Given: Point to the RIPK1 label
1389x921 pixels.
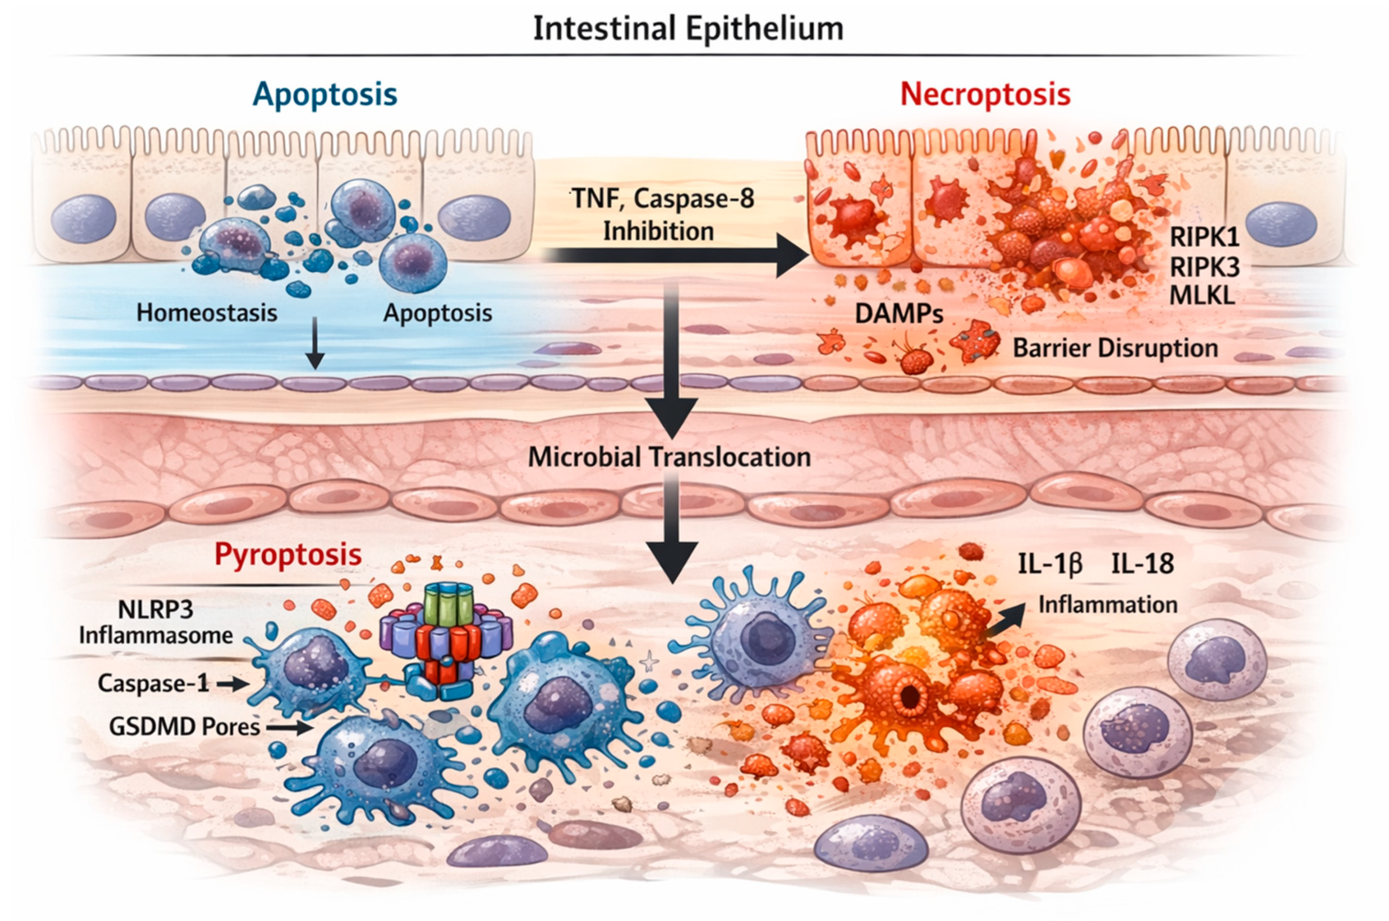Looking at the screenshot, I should (x=1204, y=237).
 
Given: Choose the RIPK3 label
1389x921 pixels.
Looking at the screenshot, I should (x=1204, y=267).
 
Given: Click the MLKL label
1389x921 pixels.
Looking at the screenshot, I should (x=1202, y=295).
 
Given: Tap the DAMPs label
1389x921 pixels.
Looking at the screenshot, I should (x=899, y=314).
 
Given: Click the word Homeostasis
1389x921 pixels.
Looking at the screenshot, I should (x=207, y=312).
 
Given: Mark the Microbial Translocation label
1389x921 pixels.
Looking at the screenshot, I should (x=669, y=457).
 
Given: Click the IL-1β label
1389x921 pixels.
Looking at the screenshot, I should (x=1050, y=564).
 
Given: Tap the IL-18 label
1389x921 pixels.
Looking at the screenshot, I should (x=1142, y=564).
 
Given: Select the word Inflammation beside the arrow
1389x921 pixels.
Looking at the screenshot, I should (x=1108, y=605).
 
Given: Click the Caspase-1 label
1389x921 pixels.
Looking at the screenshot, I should (x=153, y=683).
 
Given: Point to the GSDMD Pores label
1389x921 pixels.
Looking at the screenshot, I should (x=185, y=727).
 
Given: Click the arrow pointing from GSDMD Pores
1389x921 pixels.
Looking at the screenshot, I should (x=289, y=728).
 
